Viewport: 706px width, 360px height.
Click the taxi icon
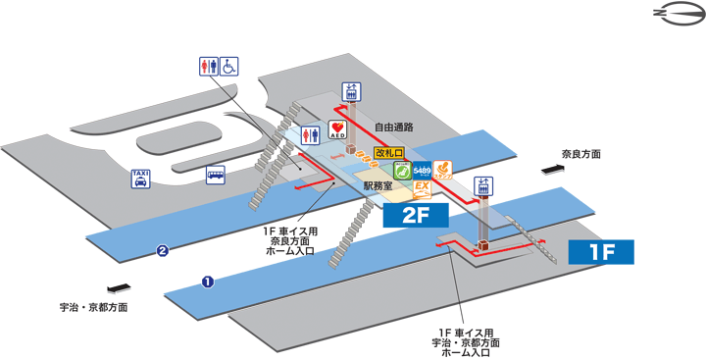(x=141, y=178)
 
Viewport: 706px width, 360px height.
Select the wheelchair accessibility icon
(x=228, y=66)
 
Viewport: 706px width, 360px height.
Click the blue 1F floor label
(x=602, y=252)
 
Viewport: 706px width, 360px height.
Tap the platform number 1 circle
(x=208, y=282)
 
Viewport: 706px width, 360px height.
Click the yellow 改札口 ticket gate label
(x=389, y=152)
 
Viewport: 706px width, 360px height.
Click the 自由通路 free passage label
(x=394, y=127)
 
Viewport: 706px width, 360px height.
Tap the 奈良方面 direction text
(x=580, y=154)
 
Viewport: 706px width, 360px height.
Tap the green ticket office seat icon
(x=401, y=170)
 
